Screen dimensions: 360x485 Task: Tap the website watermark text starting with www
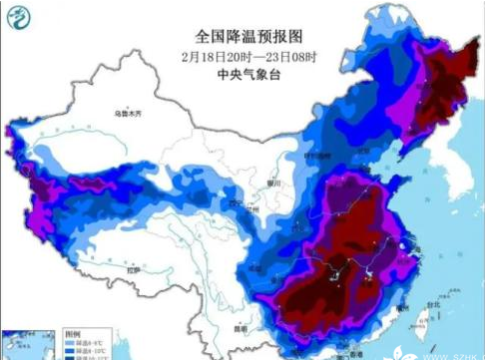pyautogui.click(x=447, y=351)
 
